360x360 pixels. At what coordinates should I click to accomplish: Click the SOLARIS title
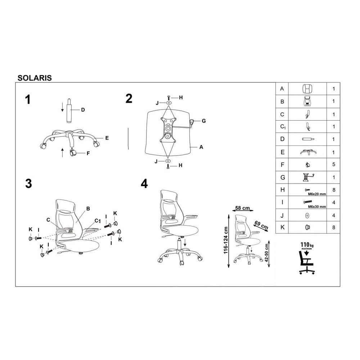click(x=35, y=78)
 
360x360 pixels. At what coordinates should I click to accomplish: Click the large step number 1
click(x=28, y=100)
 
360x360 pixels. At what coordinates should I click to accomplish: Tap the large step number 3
click(x=28, y=184)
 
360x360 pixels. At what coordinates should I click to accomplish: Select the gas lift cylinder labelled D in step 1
click(x=69, y=111)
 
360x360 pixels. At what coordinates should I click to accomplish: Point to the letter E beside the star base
click(x=107, y=138)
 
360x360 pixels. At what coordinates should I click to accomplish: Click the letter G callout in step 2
click(x=204, y=121)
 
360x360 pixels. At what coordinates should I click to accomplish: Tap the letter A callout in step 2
click(x=201, y=147)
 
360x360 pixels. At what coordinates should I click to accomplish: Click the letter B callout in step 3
click(x=88, y=209)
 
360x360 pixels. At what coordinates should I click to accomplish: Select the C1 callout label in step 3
click(x=98, y=221)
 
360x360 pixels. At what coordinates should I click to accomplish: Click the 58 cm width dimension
click(x=242, y=208)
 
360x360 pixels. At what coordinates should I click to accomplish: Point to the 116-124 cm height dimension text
click(x=226, y=240)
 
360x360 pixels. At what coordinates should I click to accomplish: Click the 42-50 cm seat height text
click(x=266, y=253)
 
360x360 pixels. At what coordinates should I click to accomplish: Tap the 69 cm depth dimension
click(x=261, y=225)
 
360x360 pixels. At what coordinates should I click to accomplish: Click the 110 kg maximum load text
click(x=307, y=245)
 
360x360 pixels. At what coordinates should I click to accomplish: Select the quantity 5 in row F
click(x=334, y=165)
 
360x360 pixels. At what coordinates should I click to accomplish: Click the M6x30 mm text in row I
click(x=317, y=207)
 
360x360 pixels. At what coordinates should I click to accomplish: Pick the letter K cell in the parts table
click(x=282, y=227)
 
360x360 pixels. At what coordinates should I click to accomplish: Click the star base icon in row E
click(x=308, y=152)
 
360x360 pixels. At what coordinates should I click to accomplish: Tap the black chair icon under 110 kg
click(x=307, y=262)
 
